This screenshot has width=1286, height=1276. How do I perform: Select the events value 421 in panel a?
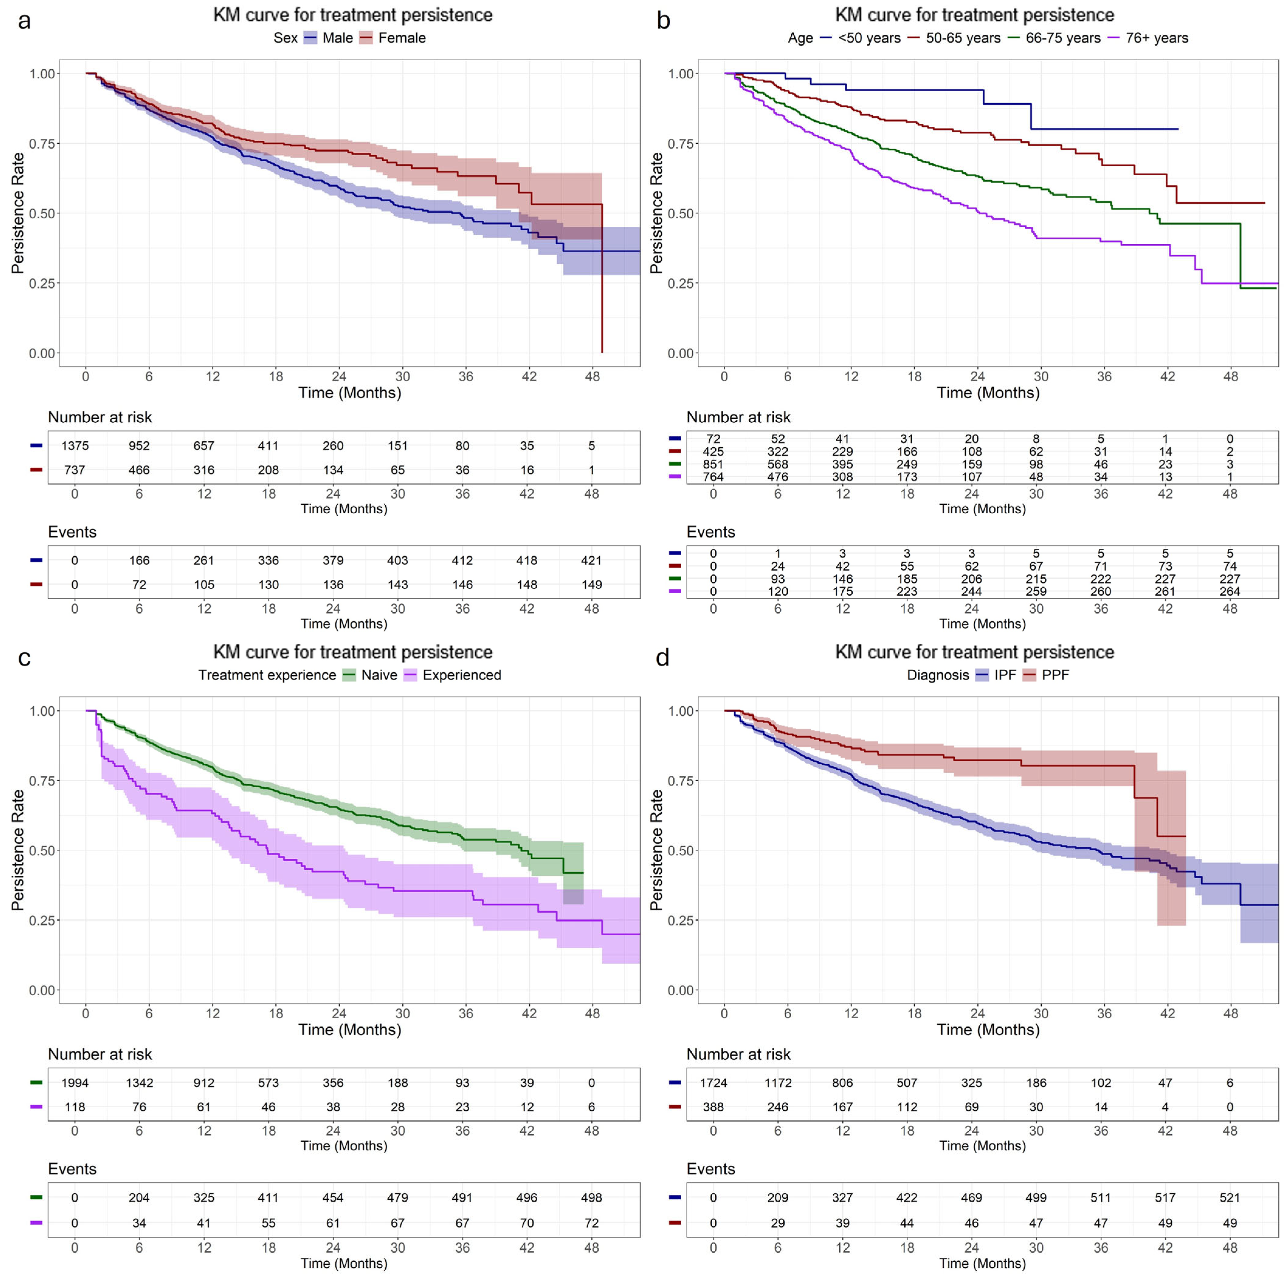coord(591,560)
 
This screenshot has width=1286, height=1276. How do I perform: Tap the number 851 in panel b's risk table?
coord(713,464)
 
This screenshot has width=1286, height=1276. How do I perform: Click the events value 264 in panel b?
coord(1229,591)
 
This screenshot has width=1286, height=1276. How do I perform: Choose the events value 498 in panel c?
coord(591,1198)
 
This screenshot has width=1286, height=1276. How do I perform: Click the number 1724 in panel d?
coord(713,1083)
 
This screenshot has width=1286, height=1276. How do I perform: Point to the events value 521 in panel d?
coord(1229,1198)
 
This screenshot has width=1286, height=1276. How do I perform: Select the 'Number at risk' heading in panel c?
coord(100,1054)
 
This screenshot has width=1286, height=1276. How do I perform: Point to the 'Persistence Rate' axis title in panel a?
coord(18,213)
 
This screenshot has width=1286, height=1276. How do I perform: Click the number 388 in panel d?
coord(713,1107)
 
